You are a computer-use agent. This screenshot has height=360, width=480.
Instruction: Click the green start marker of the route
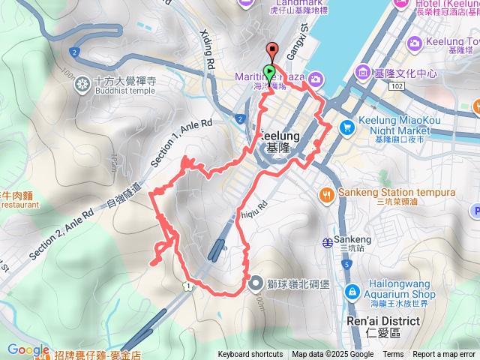[269, 73]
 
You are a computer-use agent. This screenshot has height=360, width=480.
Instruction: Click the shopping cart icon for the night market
[346, 127]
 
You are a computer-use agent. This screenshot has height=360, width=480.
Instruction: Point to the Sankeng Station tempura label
[395, 193]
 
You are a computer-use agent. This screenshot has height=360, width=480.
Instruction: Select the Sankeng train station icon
[328, 242]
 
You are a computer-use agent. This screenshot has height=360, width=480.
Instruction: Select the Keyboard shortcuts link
[250, 355]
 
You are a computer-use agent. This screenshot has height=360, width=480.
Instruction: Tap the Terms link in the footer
[393, 355]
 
